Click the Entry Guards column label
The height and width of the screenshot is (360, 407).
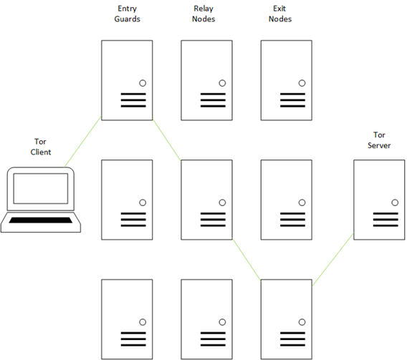pyautogui.click(x=128, y=14)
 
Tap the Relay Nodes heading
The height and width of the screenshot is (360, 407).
pyautogui.click(x=203, y=14)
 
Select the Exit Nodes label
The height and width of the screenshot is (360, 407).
pyautogui.click(x=280, y=14)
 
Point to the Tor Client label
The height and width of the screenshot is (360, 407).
pyautogui.click(x=41, y=147)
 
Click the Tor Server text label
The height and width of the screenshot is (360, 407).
pyautogui.click(x=379, y=140)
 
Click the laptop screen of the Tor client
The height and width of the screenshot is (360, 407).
pyautogui.click(x=41, y=188)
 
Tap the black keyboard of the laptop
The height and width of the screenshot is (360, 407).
pyautogui.click(x=41, y=220)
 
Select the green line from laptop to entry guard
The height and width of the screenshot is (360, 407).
pyautogui.click(x=83, y=141)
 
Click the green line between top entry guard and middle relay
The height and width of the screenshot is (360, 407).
pyautogui.click(x=167, y=140)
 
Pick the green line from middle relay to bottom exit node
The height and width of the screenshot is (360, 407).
pyautogui.click(x=246, y=259)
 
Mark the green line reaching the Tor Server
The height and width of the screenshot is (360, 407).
pyautogui.click(x=332, y=259)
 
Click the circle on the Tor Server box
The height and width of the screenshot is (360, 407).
pyautogui.click(x=395, y=203)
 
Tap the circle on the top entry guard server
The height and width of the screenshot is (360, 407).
pyautogui.click(x=143, y=83)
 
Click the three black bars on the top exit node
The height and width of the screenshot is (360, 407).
pyautogui.click(x=292, y=100)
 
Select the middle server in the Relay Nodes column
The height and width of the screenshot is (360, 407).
pyautogui.click(x=206, y=200)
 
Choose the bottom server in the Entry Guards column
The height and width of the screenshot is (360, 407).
pyautogui.click(x=127, y=319)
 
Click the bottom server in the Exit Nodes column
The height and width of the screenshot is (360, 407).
pyautogui.click(x=287, y=319)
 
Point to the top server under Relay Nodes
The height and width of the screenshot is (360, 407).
pyautogui.click(x=206, y=80)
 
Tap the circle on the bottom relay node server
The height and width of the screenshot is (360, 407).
pyautogui.click(x=222, y=322)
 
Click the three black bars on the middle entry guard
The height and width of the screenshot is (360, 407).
pyautogui.click(x=133, y=220)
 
